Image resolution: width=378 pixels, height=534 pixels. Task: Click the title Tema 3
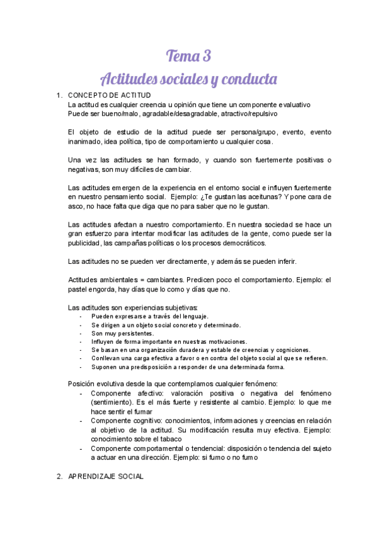188,56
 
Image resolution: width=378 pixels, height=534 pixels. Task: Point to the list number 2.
59,477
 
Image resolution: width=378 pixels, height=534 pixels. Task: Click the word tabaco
168,438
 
